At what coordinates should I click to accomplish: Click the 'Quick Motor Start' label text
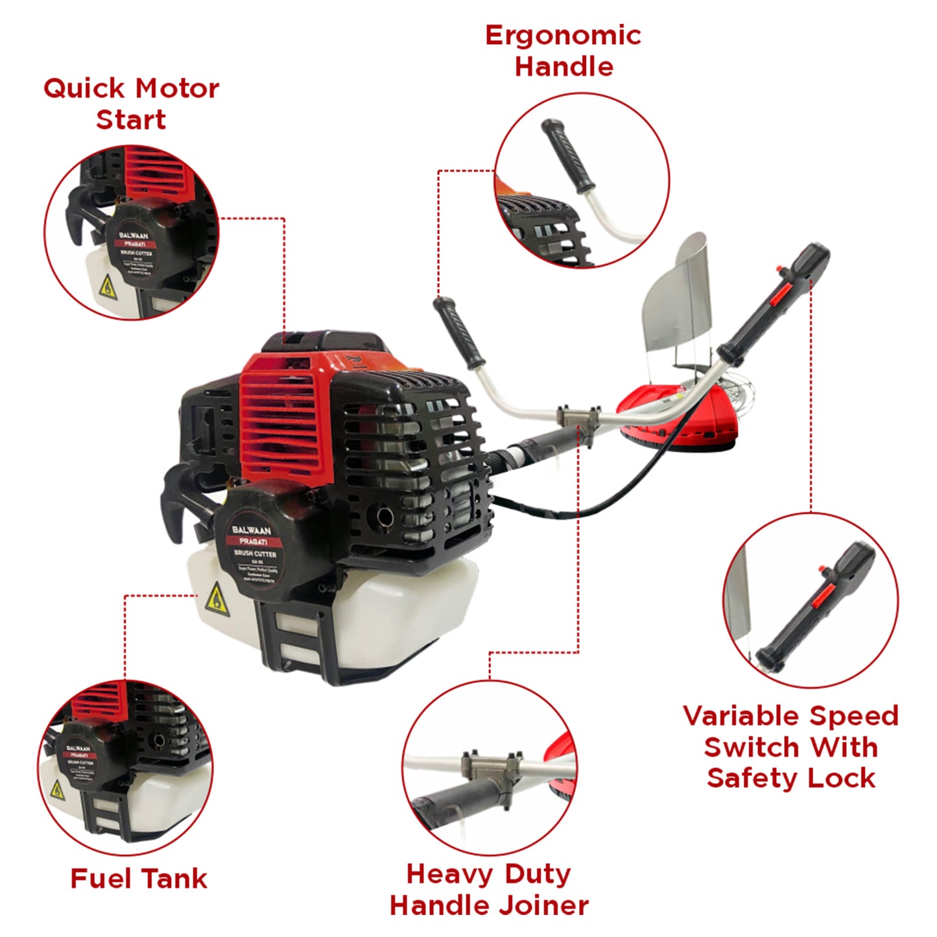(131, 104)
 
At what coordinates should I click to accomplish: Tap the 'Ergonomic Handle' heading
(563, 51)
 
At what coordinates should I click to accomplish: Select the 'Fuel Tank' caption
(139, 879)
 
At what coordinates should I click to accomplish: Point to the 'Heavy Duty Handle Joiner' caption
(489, 889)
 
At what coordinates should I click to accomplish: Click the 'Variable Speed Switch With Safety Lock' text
(790, 747)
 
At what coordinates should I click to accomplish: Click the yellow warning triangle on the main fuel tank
(217, 600)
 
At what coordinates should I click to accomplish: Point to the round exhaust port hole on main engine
(384, 517)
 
